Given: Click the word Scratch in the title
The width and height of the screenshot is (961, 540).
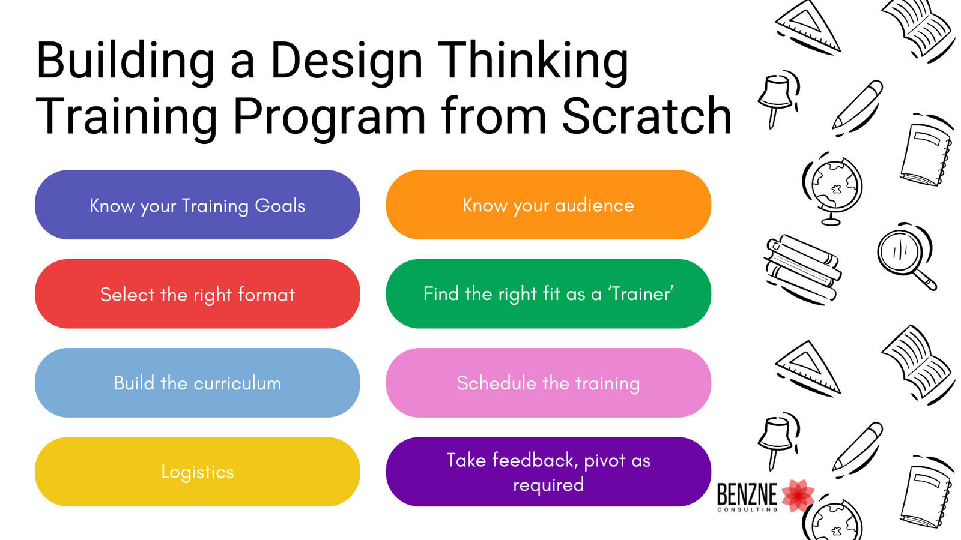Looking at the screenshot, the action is point(647,116).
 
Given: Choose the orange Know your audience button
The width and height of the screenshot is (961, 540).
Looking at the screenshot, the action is point(548,205).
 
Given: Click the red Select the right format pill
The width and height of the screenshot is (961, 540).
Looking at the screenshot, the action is point(198,294).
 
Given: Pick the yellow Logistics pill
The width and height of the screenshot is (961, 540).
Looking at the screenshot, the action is point(198,472).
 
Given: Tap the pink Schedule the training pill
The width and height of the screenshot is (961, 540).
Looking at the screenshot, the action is point(548,383).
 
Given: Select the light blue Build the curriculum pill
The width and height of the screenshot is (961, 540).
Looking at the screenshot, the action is point(198,383).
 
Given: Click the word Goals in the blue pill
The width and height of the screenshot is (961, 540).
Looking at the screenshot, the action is point(280,206).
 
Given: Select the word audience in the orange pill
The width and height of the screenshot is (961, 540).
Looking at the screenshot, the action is point(594,206).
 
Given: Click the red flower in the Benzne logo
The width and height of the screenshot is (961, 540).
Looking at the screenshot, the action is point(798,496).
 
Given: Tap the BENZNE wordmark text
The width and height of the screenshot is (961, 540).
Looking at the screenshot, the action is point(747,494).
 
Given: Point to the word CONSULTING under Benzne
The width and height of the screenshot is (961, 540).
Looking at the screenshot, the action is point(747,509).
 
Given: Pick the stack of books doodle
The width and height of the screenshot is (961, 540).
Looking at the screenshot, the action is point(802,269).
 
